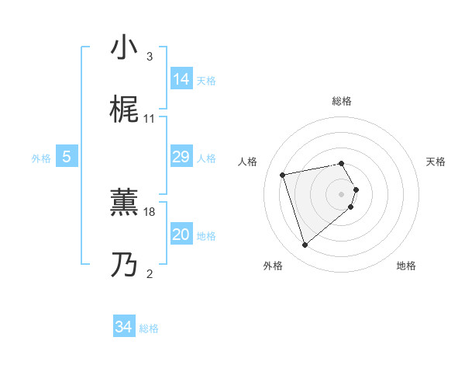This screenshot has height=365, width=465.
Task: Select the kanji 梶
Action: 124,111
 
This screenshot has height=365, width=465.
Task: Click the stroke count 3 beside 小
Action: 150,57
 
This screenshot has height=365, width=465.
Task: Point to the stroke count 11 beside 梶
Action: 150,119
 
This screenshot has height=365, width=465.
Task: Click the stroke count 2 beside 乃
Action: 150,273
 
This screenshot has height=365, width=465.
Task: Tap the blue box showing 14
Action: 181,79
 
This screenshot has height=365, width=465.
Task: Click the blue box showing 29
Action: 181,158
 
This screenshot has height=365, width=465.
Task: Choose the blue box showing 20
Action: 181,235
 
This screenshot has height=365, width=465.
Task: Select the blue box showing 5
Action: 67,158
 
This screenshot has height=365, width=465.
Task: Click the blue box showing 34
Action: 124,328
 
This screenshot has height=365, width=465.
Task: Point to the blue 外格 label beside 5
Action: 41,158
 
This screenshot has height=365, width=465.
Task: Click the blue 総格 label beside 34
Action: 149,328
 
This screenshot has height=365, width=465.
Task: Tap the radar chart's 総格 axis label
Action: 342,101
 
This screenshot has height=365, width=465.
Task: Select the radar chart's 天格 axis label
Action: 436,162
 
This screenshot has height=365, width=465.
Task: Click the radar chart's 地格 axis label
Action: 406,266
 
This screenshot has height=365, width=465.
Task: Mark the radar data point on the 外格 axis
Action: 305,245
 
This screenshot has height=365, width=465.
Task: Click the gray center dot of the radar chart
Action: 342,193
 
